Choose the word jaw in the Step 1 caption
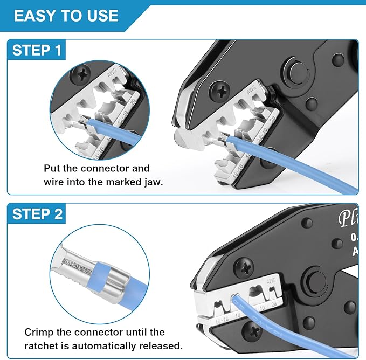(153, 182)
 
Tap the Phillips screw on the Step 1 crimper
(219, 88)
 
